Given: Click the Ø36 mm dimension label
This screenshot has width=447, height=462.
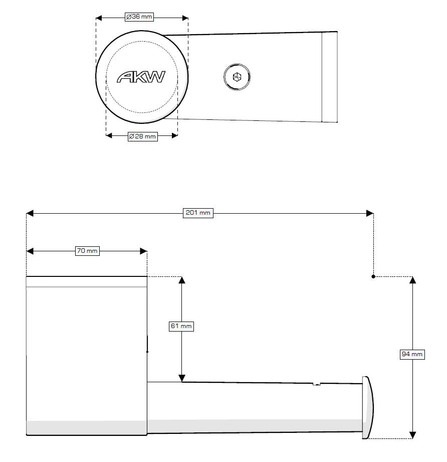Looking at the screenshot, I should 139,17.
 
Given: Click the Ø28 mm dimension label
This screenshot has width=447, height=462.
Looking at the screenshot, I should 142,136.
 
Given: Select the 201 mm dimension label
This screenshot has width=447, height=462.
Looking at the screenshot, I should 198,213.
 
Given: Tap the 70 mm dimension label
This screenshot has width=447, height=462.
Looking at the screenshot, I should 87,251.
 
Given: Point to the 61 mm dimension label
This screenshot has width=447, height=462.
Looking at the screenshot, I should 181,326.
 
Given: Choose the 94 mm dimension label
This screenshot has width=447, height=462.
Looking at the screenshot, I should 412,355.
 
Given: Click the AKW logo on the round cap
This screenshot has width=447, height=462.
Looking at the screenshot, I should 141,77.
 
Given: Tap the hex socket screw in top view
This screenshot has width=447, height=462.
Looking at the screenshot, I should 237,77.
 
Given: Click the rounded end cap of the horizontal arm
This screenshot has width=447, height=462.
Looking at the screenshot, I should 368,407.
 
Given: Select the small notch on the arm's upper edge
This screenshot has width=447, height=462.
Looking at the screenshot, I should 316,385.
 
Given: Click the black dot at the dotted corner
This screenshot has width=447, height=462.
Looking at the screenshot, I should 373,276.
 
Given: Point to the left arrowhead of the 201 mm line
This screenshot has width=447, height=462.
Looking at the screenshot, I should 30,213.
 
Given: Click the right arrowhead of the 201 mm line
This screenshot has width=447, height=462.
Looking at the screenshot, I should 369,213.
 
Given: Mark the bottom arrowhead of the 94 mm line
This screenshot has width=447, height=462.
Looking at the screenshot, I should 412,434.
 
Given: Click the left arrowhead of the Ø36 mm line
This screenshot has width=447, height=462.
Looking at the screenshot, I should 99,18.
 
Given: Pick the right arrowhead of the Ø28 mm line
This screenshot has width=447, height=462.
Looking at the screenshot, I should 174,135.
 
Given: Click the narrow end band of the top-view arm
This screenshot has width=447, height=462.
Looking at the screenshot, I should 329,77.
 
